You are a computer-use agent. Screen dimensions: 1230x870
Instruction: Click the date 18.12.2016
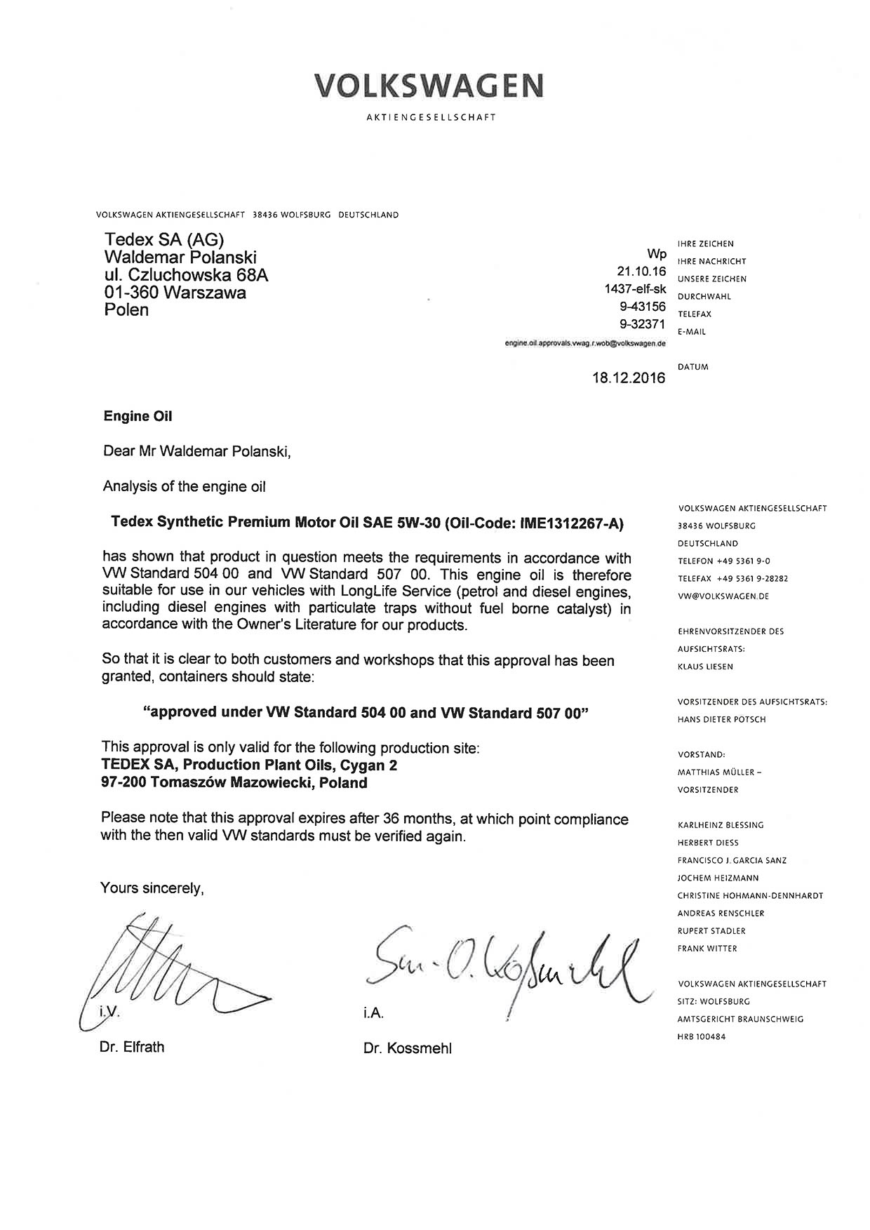point(628,378)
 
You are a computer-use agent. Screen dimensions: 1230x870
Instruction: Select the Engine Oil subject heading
point(138,416)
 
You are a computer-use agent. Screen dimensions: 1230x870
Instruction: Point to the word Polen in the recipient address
point(126,309)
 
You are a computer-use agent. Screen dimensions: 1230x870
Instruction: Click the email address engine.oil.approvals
point(585,344)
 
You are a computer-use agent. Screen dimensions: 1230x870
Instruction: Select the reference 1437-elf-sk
point(635,288)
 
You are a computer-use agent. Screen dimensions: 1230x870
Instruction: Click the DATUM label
point(693,367)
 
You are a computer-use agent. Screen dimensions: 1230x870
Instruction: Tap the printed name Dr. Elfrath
point(132,1047)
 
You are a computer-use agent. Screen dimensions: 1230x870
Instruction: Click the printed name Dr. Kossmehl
point(408,1048)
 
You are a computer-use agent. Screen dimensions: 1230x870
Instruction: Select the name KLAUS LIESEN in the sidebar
point(705,667)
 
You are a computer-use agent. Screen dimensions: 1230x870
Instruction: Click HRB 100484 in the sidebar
point(702,1036)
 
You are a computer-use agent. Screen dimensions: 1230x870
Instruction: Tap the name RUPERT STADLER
point(711,931)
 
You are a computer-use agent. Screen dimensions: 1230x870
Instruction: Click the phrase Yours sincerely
point(152,888)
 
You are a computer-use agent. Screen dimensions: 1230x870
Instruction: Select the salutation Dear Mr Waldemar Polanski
point(196,451)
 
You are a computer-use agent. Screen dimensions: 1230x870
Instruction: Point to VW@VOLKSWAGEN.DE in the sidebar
point(723,596)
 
